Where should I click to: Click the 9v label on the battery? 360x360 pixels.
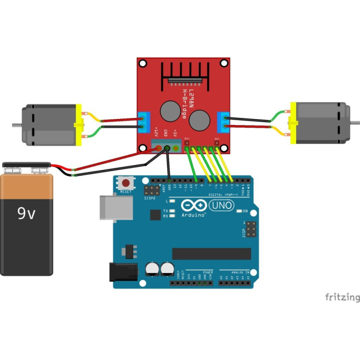pyautogui.click(x=26, y=214)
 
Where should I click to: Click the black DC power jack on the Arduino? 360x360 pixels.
pyautogui.click(x=123, y=272)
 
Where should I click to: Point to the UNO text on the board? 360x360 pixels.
pyautogui.click(x=220, y=205)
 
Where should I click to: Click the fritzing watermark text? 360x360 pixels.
pyautogui.click(x=342, y=297)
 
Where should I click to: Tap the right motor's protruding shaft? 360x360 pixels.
pyautogui.click(x=354, y=122)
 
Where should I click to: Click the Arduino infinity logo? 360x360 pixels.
pyautogui.click(x=192, y=205)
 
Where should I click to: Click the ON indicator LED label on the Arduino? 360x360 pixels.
pyautogui.click(x=245, y=211)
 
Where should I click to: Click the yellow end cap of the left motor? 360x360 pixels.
pyautogui.click(x=78, y=125)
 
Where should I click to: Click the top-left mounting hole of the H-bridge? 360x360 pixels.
pyautogui.click(x=142, y=63)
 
